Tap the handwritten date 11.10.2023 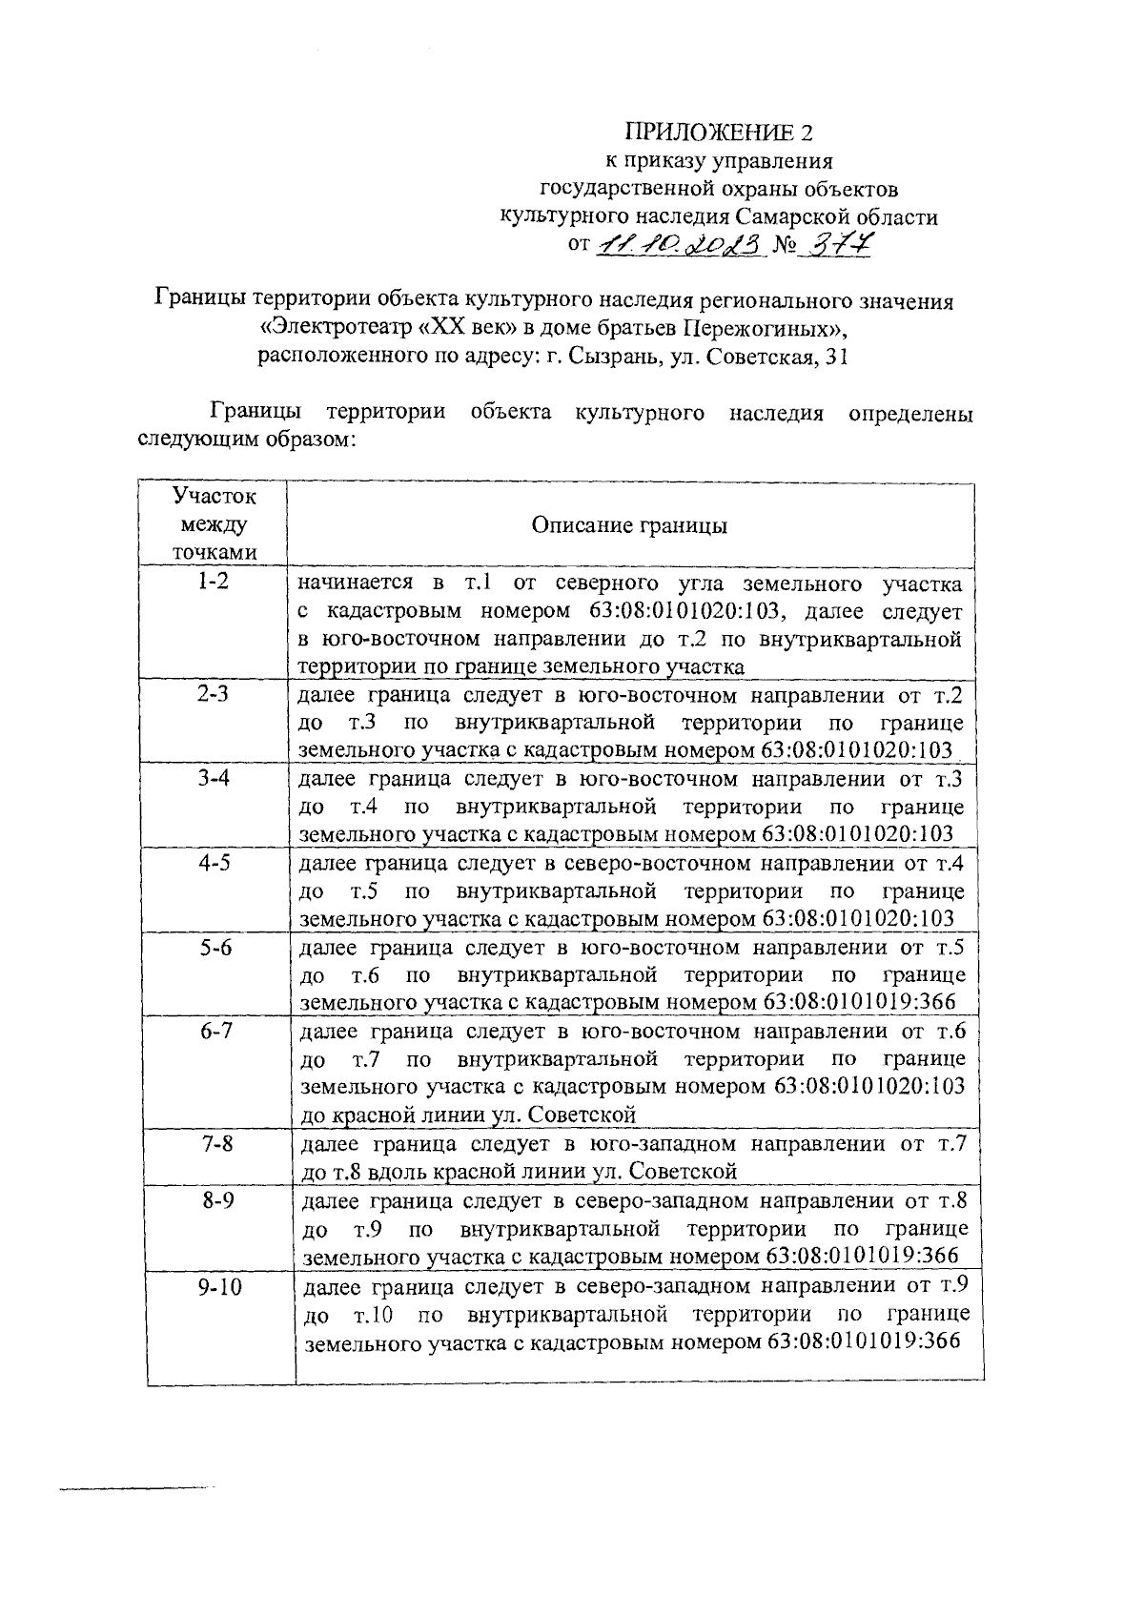(x=682, y=246)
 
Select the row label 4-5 (x=214, y=864)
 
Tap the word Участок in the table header (x=214, y=497)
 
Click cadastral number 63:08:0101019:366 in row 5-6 (x=859, y=1003)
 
